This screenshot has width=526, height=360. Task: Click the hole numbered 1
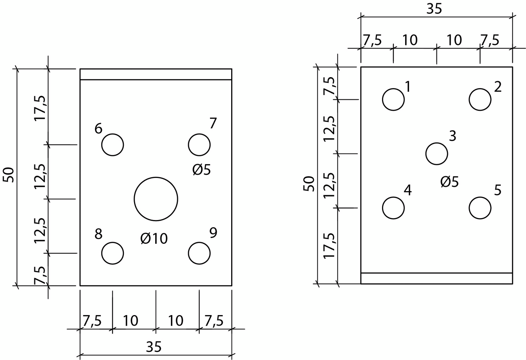(393, 99)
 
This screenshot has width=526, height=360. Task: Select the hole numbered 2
(480, 99)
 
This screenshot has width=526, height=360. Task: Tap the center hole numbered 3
(437, 154)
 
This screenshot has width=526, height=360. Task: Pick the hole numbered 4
(393, 208)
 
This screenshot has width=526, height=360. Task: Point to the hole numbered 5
(480, 208)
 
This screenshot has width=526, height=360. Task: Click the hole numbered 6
(113, 145)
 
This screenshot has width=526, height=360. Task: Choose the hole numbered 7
(199, 145)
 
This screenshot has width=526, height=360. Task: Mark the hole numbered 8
(113, 253)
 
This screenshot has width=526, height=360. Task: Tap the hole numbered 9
(199, 253)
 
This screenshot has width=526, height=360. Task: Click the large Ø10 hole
(156, 199)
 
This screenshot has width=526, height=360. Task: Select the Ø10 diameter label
(154, 238)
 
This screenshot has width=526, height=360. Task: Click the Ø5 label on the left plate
(202, 170)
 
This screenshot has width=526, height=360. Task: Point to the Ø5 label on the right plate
(449, 182)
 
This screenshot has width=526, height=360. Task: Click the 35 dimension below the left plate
(154, 347)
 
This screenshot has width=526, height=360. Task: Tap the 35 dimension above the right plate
(434, 9)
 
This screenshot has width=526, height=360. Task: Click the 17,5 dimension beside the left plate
(40, 108)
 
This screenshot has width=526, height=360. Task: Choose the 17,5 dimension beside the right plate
(329, 245)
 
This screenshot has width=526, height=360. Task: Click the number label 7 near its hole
(213, 124)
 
